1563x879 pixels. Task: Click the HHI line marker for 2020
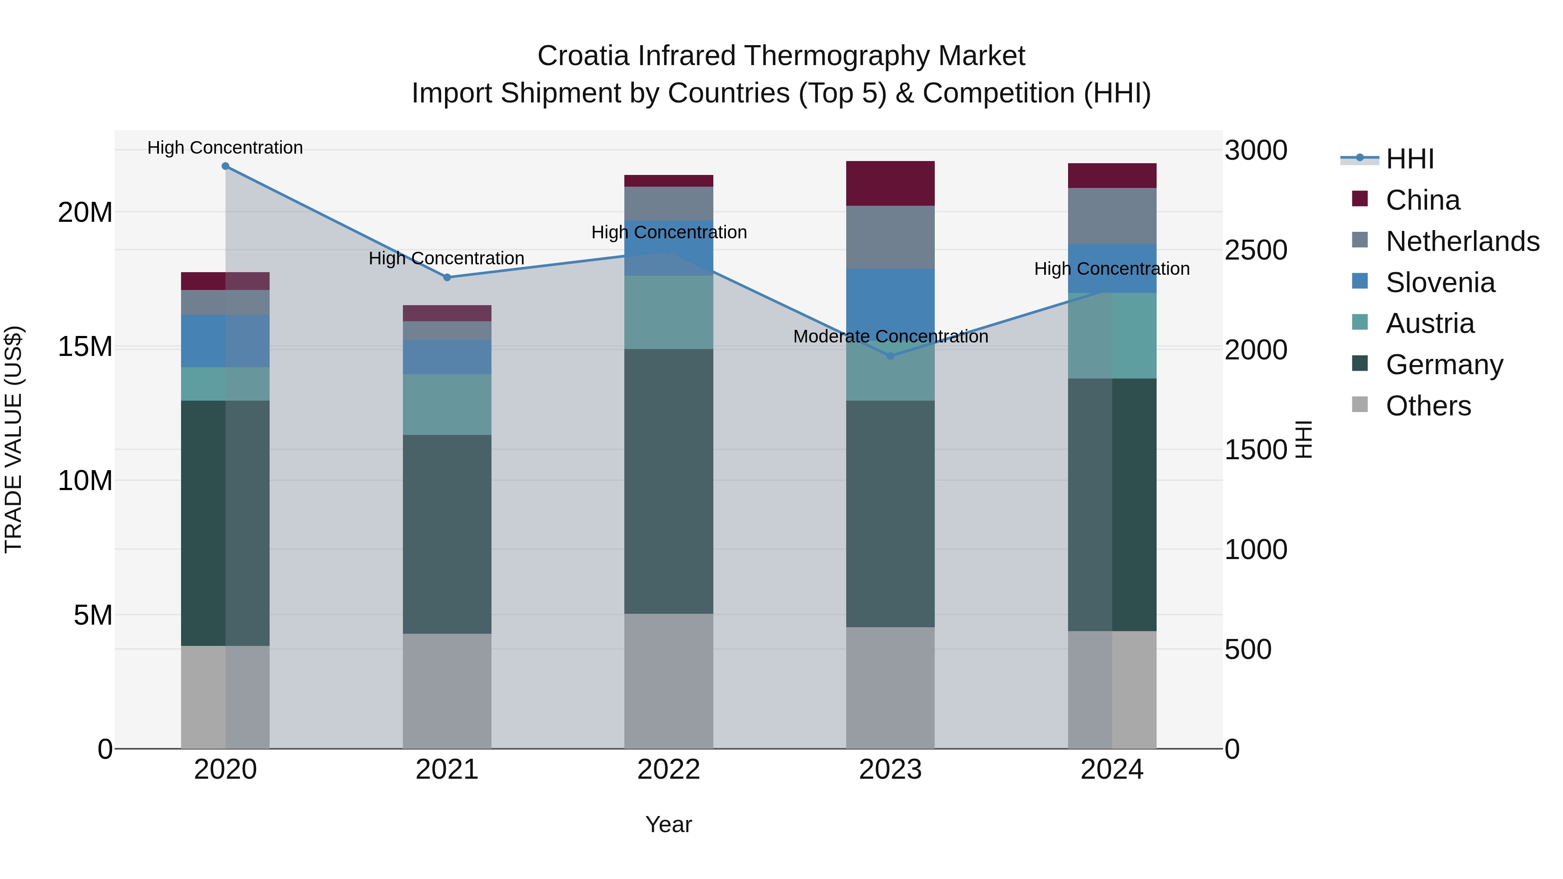coord(225,166)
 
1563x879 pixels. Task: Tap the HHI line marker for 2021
coord(447,277)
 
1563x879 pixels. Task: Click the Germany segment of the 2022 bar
coord(669,481)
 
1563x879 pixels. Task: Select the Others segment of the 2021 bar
coord(447,691)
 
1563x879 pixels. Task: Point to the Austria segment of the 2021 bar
coord(447,404)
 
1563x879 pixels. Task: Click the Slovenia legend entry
coord(1440,283)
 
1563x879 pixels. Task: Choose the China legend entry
coord(1422,200)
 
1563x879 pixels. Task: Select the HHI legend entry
coord(1409,159)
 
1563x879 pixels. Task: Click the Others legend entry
coord(1428,406)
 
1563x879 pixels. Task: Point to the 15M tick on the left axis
coord(85,347)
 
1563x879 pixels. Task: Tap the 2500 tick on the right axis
coord(1255,250)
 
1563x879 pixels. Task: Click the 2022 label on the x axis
coord(669,770)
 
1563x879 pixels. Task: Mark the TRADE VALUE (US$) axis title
coord(13,439)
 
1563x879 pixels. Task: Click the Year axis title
coord(669,824)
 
